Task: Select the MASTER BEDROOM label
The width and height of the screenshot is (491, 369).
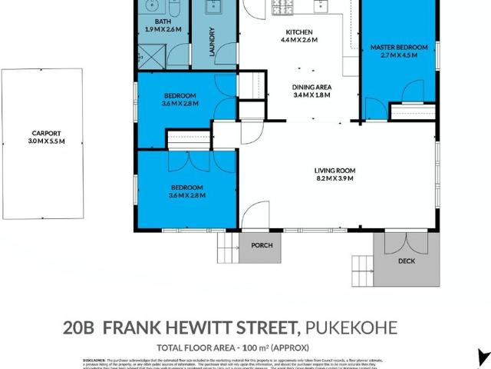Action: (x=398, y=48)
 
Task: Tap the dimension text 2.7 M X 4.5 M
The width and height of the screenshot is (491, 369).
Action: (x=398, y=56)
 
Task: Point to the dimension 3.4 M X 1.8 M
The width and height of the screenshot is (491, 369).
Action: (x=311, y=96)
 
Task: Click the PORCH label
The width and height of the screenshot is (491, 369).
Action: (x=262, y=246)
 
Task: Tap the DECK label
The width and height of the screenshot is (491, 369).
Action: (x=407, y=261)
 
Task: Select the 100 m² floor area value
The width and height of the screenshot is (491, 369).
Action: (x=252, y=347)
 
